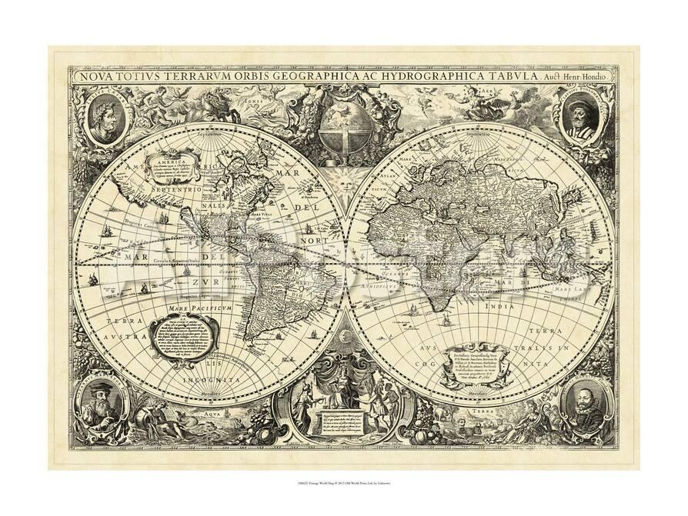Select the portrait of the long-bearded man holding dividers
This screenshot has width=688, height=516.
pos(103,404)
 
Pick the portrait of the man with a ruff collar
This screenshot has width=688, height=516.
pos(584,404)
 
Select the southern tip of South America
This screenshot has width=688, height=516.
pos(249,339)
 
